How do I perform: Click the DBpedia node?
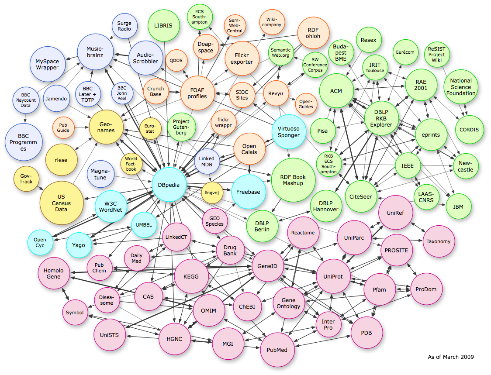pyautogui.click(x=169, y=185)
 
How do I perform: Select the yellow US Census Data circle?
pyautogui.click(x=61, y=203)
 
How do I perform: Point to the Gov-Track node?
pyautogui.click(x=26, y=178)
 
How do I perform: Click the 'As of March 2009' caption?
pyautogui.click(x=450, y=357)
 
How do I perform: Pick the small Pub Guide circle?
pyautogui.click(x=63, y=127)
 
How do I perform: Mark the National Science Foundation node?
pyautogui.click(x=461, y=86)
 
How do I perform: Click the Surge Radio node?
pyautogui.click(x=124, y=26)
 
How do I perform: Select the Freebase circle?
pyautogui.click(x=248, y=192)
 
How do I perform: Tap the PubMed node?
pyautogui.click(x=277, y=349)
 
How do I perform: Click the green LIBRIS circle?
pyautogui.click(x=163, y=25)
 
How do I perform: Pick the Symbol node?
pyautogui.click(x=75, y=313)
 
